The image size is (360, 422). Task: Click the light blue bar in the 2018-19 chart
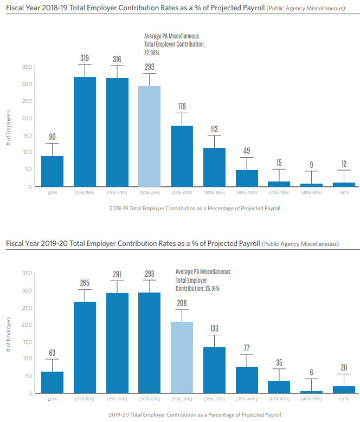[x=149, y=136]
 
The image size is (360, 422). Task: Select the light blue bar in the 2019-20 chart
[x=182, y=357]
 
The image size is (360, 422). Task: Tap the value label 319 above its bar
[x=85, y=57]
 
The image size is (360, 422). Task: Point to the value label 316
[x=117, y=59]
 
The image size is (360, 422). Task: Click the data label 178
[x=182, y=106]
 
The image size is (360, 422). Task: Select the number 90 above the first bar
[x=53, y=137]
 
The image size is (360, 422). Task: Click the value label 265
[x=85, y=283]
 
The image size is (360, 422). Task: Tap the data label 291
[x=117, y=274]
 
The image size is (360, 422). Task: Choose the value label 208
[x=182, y=302]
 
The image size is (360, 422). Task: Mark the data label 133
[x=214, y=328]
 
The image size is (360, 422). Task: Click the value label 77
[x=246, y=347]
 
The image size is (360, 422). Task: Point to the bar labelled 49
[x=246, y=178]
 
